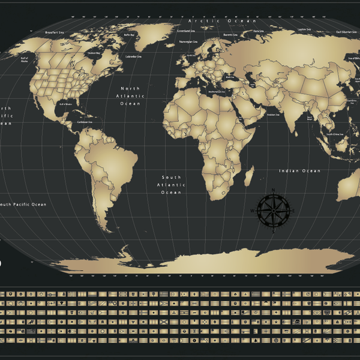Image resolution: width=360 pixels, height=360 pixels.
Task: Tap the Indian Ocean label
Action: pyautogui.click(x=299, y=171)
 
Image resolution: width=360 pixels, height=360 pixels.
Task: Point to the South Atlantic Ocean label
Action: pyautogui.click(x=172, y=185)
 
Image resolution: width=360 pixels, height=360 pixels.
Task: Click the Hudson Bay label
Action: pyautogui.click(x=95, y=53)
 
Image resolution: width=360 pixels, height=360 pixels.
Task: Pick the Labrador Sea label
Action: pyautogui.click(x=133, y=56)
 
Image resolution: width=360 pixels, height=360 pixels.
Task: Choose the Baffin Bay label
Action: pyautogui.click(x=128, y=35)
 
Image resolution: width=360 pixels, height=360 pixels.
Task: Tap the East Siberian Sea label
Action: pyautogui.click(x=346, y=32)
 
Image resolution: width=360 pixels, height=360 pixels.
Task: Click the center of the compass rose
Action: pyautogui.click(x=273, y=210)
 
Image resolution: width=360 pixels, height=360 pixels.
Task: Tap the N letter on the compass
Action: pyautogui.click(x=273, y=192)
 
